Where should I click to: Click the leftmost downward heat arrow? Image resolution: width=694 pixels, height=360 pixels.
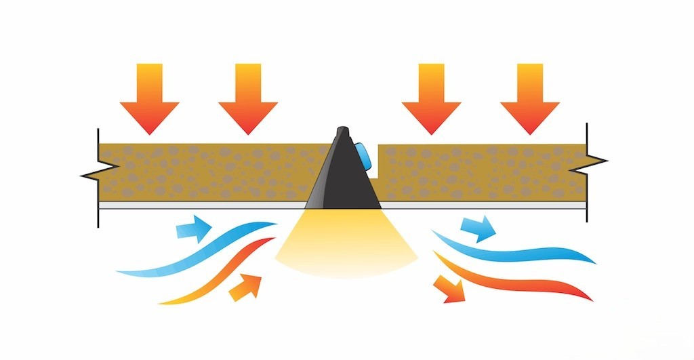coord(150,98)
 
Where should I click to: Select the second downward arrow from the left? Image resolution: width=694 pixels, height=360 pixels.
coord(248,98)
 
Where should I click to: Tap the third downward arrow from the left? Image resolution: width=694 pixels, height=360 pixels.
coord(431,98)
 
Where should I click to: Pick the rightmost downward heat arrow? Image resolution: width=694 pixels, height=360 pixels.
coord(530,98)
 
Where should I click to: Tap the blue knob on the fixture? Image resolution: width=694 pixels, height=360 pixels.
coord(367,156)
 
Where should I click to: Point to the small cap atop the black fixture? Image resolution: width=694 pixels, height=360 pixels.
coord(343,130)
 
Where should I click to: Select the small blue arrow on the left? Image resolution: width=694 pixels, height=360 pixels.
coord(194,228)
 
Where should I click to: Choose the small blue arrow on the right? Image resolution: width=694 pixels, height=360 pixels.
coord(478,229)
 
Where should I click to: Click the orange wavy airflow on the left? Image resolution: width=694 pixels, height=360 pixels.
coord(203,281)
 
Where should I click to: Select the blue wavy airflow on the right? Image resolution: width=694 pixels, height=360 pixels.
coord(515,252)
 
